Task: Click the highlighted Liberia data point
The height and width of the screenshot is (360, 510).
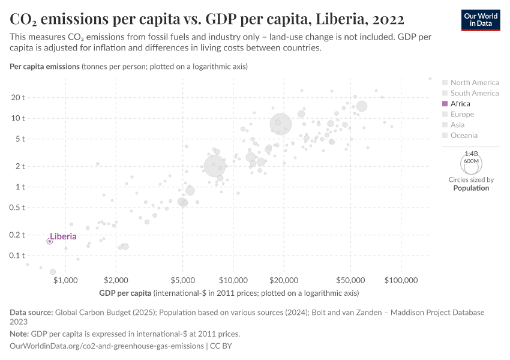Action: [x=50, y=241]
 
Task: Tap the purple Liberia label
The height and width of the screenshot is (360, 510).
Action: [x=63, y=236]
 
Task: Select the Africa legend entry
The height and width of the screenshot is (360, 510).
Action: [x=460, y=104]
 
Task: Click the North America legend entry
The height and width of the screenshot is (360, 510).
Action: [x=474, y=83]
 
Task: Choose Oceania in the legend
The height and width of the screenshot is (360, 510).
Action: [x=464, y=136]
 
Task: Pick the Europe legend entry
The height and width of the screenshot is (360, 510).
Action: [x=462, y=114]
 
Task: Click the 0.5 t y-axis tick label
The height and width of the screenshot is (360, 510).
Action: [x=16, y=208]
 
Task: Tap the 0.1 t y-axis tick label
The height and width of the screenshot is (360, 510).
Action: [x=16, y=256]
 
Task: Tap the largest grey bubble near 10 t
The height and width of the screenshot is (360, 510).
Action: [x=281, y=124]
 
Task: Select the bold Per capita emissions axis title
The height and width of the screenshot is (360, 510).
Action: [x=44, y=67]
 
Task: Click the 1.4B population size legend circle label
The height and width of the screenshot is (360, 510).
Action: [x=471, y=154]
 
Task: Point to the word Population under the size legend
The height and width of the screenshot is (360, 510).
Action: [x=471, y=188]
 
